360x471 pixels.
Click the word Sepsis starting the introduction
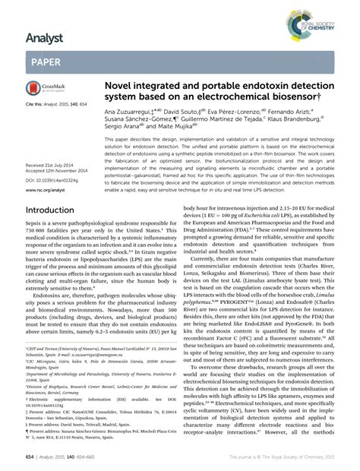pyautogui.click(x=36, y=229)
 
